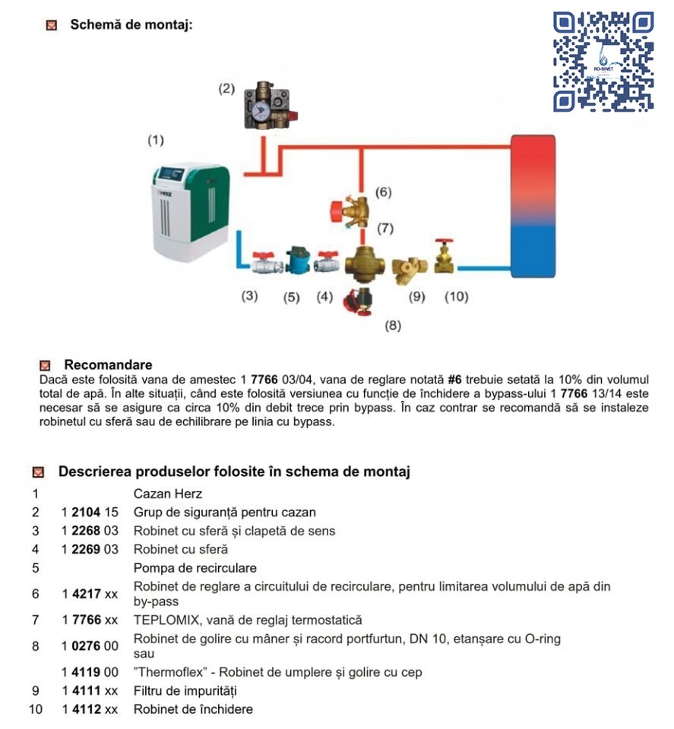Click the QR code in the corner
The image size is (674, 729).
coord(604,62)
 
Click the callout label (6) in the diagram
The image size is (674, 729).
coord(384,192)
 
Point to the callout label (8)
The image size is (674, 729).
coord(393,327)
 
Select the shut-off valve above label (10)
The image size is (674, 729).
coord(445,257)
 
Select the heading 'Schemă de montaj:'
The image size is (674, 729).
coord(131,24)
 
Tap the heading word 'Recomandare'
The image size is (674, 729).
coord(108,365)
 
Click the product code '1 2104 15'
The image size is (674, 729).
coord(90,513)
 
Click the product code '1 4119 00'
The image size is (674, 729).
coord(90,672)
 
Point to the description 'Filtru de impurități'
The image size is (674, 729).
coord(185,691)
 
